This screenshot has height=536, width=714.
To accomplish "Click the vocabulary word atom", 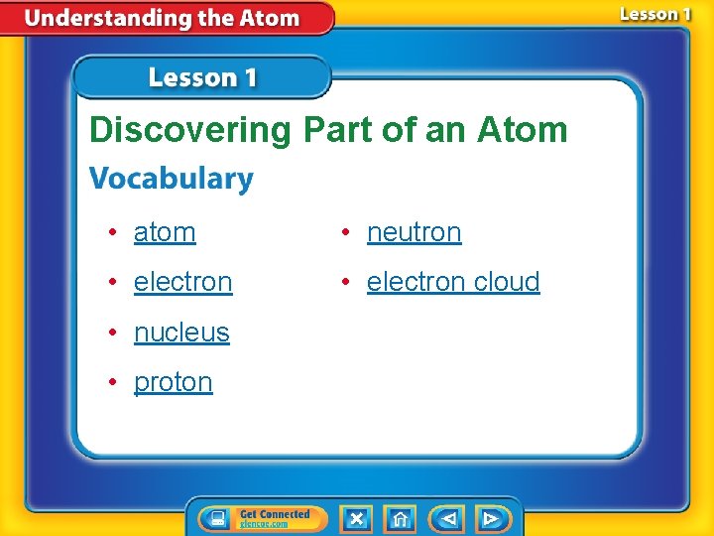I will tap(165, 232).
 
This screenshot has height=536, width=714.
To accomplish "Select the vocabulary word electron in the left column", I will tap(182, 282).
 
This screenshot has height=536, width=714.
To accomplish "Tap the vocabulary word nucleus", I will tap(181, 333).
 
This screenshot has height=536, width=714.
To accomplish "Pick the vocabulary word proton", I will tap(174, 382).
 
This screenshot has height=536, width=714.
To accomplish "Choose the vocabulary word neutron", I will tap(414, 232).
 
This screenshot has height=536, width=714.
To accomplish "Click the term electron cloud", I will tap(453, 282).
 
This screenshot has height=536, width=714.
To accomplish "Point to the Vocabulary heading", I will tap(172, 180).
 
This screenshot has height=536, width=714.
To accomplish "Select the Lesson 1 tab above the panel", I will tap(202, 77).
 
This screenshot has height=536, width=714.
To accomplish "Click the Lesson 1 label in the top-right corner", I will tap(655, 15).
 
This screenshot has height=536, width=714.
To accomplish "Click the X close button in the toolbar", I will tap(356, 518).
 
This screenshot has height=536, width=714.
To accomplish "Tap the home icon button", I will tap(400, 518).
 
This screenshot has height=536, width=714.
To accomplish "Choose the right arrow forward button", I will tap(492, 518).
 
